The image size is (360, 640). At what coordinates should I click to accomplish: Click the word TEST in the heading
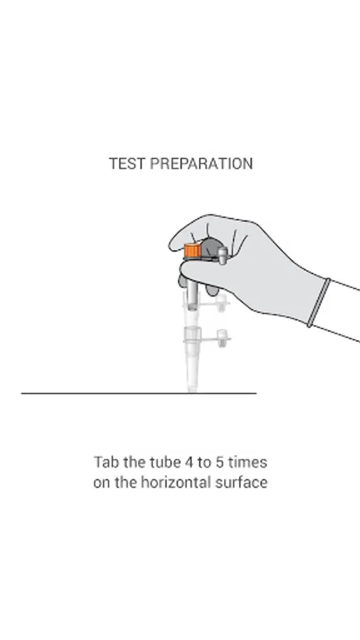click(x=127, y=164)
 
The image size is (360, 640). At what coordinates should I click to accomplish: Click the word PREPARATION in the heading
click(x=201, y=164)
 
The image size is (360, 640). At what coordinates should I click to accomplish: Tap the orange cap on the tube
click(x=192, y=250)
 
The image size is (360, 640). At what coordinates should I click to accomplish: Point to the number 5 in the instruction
click(x=219, y=462)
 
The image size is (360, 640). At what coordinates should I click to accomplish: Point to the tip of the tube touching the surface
click(x=191, y=392)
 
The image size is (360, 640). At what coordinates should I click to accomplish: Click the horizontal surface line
click(x=139, y=393)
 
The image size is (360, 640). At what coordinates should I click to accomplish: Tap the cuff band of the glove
click(x=319, y=302)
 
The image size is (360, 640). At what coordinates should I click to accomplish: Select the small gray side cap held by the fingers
click(x=223, y=255)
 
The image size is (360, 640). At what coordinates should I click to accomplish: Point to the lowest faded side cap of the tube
click(x=222, y=338)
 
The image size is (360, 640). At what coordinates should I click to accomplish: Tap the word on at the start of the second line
click(x=102, y=482)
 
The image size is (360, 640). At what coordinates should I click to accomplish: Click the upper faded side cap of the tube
click(x=221, y=303)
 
